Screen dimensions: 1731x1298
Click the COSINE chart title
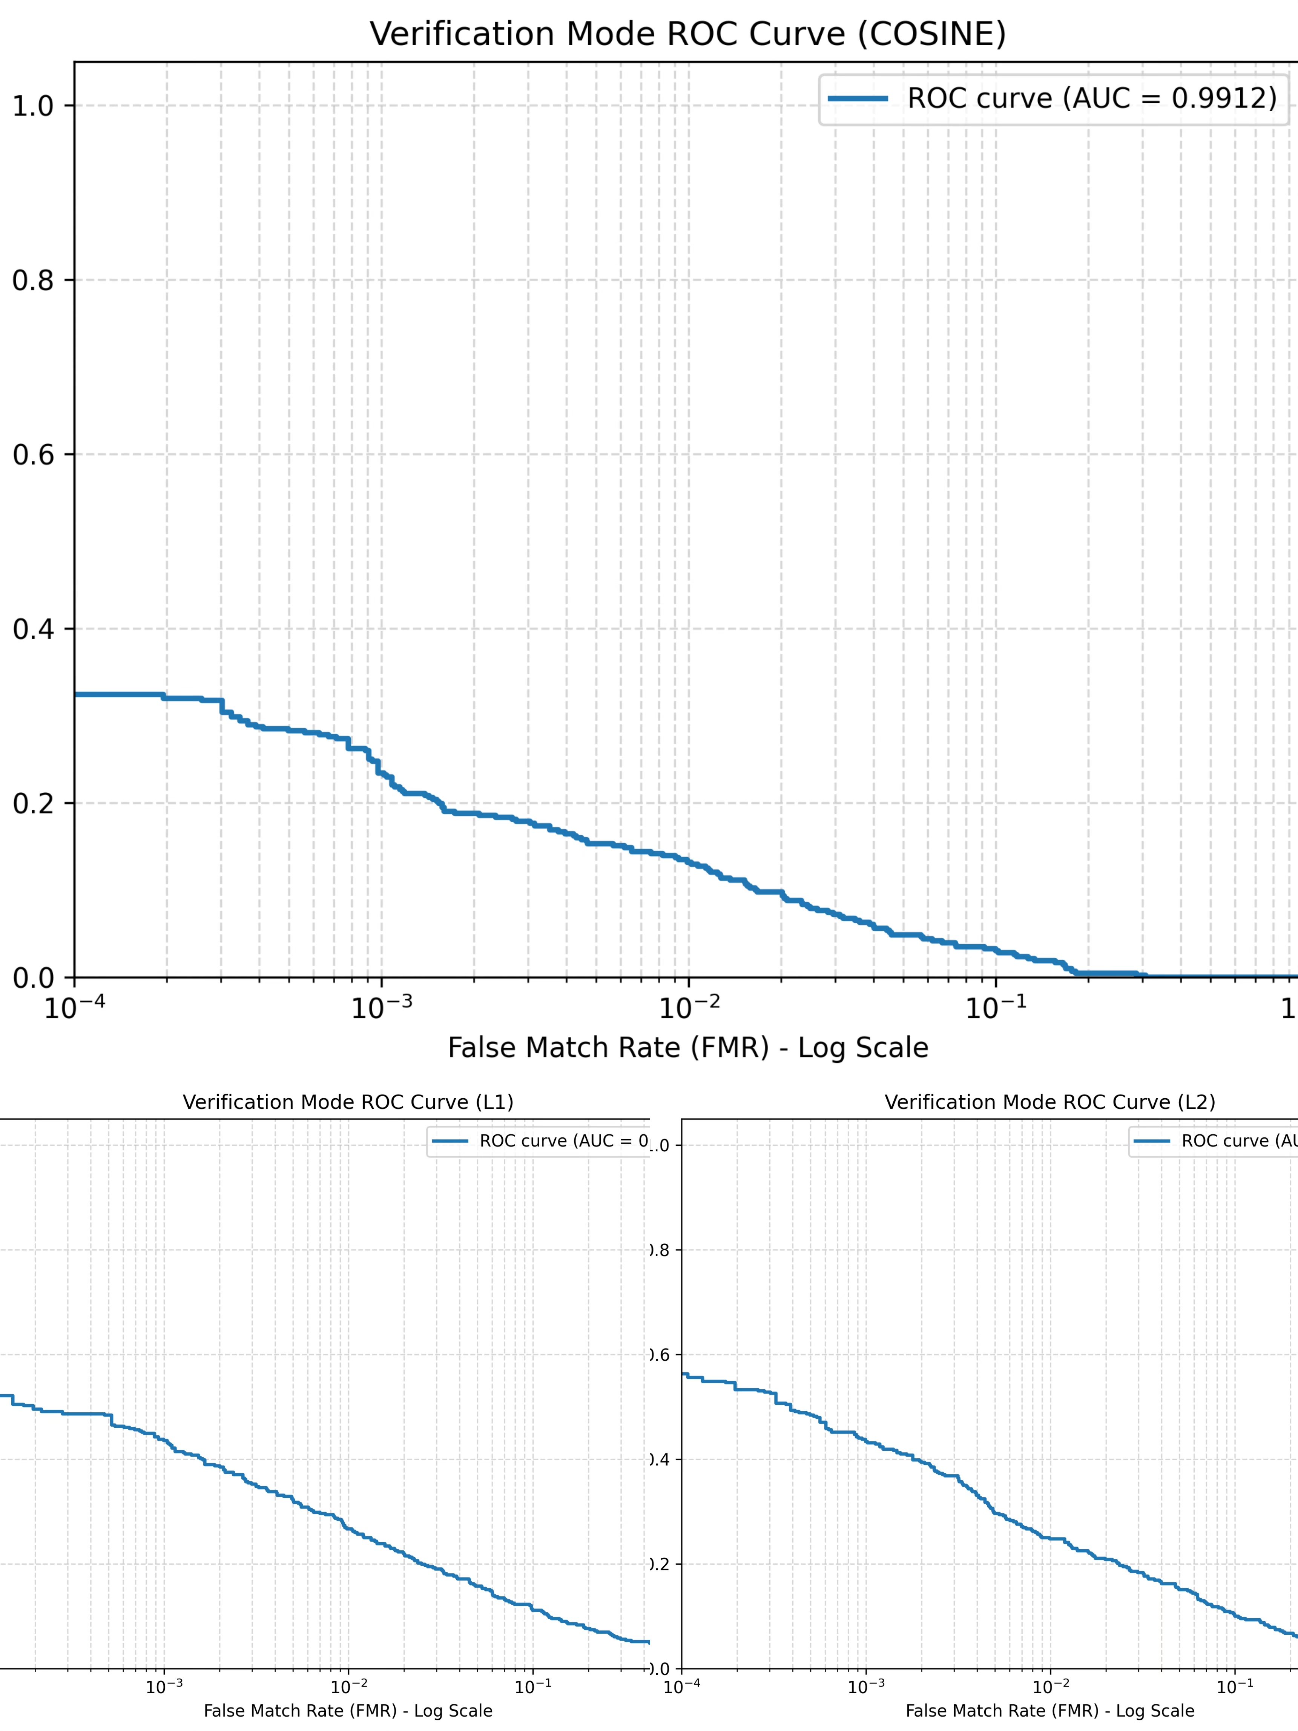[x=688, y=34]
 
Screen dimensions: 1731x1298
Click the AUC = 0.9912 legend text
[x=1091, y=98]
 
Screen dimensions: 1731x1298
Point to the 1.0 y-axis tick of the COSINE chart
[x=33, y=106]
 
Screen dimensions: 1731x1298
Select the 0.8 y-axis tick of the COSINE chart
[x=33, y=280]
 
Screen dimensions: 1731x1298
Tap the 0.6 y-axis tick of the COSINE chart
[x=33, y=455]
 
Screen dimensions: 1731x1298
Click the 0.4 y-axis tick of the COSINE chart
[x=33, y=629]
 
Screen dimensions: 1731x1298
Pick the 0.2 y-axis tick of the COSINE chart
[x=33, y=804]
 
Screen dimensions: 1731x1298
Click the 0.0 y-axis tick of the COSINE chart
[x=33, y=978]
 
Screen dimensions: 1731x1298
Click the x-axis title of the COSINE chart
[x=688, y=1048]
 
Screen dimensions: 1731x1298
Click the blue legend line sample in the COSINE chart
[x=858, y=98]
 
